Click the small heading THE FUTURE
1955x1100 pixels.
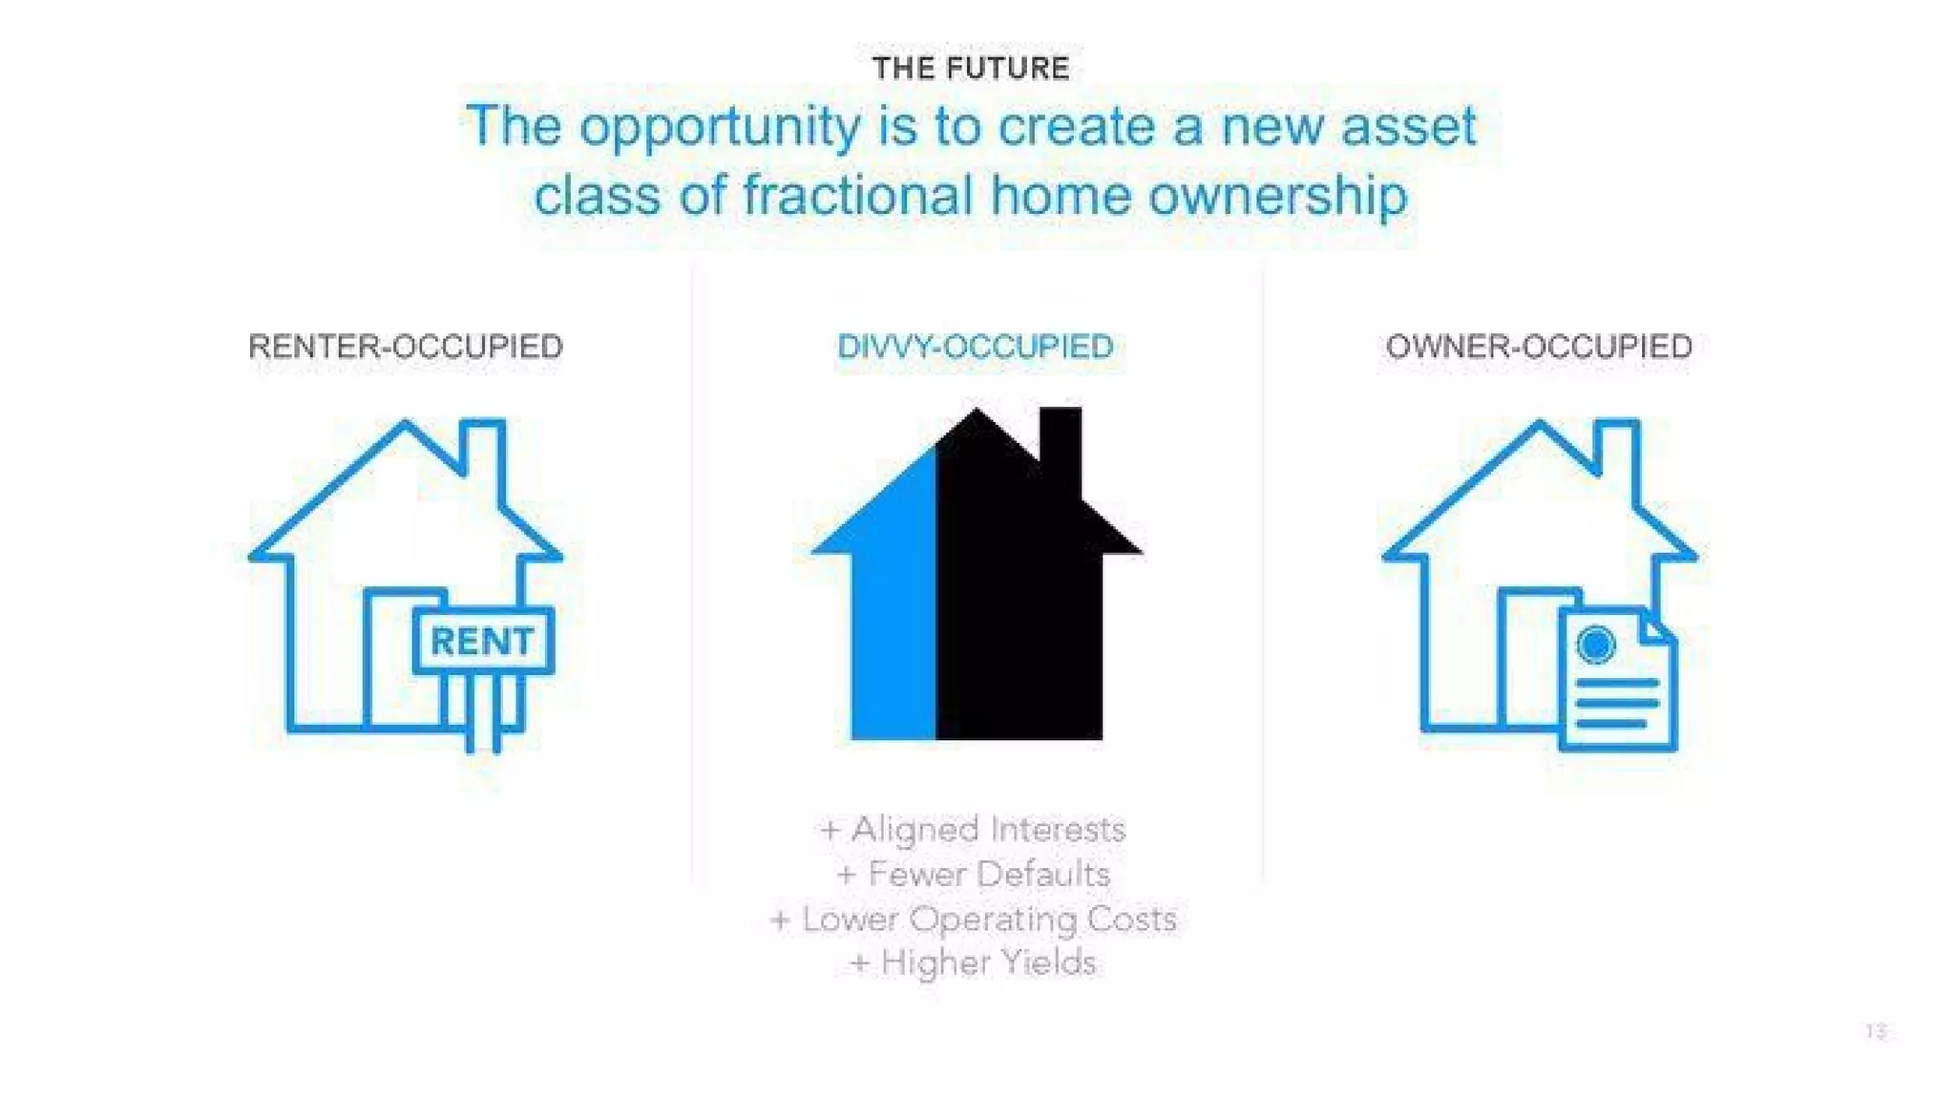pos(971,69)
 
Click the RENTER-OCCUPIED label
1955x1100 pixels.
pos(406,347)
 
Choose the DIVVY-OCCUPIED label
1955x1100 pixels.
pos(976,347)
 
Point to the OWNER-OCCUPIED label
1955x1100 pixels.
pos(1539,347)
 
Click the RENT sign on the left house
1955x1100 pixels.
pos(483,642)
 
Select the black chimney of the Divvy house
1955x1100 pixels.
pos(1061,449)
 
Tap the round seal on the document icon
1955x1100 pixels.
pos(1595,645)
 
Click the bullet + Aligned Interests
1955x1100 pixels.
pos(973,830)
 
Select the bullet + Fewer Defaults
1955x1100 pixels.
pos(974,874)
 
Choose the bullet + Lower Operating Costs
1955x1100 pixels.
pos(973,920)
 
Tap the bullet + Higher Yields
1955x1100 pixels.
pos(973,962)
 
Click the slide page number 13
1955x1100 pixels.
pos(1876,1031)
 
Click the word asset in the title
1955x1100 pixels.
pos(1409,128)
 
